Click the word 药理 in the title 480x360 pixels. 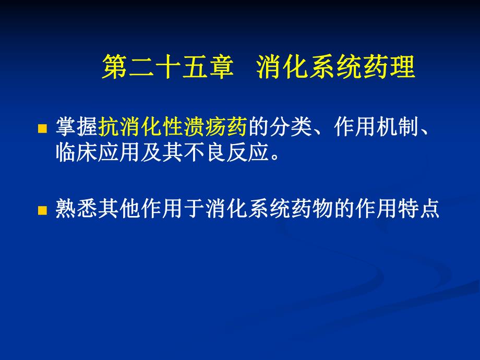389,68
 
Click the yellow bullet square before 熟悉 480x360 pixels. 43,211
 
